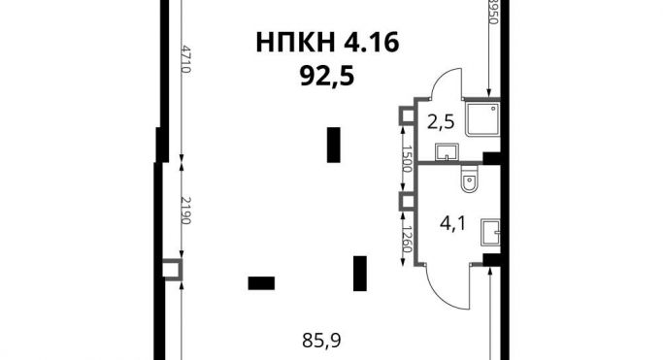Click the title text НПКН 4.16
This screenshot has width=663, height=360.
coord(328,43)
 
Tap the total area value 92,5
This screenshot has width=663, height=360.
coord(327,77)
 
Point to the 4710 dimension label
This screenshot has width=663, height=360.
coord(186,59)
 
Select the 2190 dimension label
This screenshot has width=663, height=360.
coord(186,210)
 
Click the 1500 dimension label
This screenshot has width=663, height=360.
coord(407,158)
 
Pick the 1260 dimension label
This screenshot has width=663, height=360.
coord(407,239)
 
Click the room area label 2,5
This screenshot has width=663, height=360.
coord(441,123)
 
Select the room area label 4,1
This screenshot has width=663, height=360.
coord(452,223)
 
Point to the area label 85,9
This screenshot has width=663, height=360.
coord(321,341)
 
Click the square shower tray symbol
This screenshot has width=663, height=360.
coord(482,118)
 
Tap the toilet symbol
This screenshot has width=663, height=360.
coord(469,180)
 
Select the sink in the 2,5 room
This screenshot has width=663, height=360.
coord(447,152)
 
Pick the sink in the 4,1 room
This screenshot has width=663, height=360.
coord(490,232)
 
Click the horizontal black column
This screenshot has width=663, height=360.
coord(261,283)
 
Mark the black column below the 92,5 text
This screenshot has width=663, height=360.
coord(334,145)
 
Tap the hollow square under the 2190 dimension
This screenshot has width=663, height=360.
coord(173,269)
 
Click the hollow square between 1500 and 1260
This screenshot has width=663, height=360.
coord(407,201)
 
